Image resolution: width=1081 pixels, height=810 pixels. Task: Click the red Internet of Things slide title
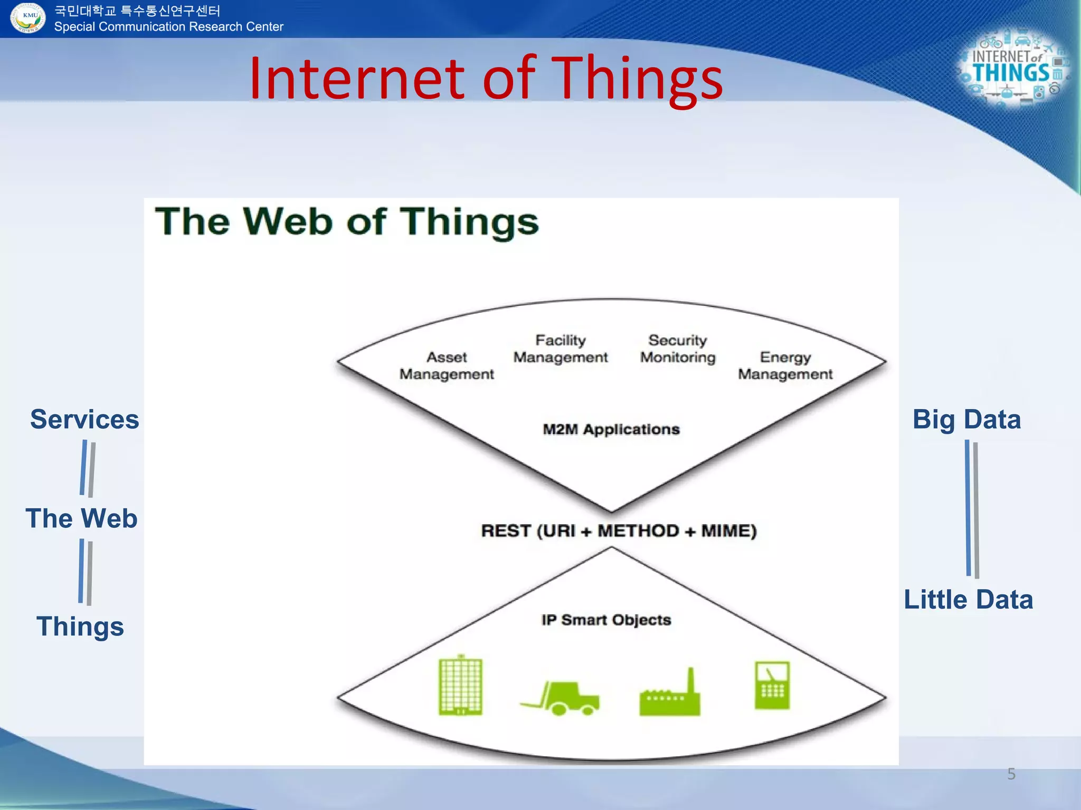(x=486, y=79)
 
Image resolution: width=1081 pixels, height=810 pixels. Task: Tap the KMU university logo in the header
(x=27, y=17)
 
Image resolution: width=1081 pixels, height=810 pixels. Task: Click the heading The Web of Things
(x=347, y=221)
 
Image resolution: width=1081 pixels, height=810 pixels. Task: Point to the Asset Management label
(x=447, y=365)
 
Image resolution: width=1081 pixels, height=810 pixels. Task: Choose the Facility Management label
(x=561, y=349)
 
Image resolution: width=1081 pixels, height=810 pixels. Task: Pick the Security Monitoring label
(x=678, y=349)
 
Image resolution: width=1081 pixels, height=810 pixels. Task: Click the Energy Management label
(x=785, y=365)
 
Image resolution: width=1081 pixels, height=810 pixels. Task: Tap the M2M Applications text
(x=611, y=429)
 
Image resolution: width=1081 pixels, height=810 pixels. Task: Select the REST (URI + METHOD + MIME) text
(x=619, y=531)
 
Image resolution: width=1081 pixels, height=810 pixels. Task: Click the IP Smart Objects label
(x=606, y=620)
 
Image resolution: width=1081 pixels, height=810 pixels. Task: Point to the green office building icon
(x=460, y=686)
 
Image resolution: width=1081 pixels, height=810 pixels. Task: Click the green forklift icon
(x=561, y=697)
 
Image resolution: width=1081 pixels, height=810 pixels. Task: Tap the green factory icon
(x=670, y=694)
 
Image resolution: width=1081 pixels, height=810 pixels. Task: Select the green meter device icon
(x=772, y=685)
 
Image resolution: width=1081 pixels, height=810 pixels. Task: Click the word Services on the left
(x=84, y=420)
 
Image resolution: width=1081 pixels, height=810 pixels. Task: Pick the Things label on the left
(x=80, y=626)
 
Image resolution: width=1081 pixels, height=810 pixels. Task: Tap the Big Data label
(x=966, y=420)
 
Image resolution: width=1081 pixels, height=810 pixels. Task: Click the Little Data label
(x=968, y=600)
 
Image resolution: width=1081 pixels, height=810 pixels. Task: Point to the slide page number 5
(x=1011, y=774)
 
